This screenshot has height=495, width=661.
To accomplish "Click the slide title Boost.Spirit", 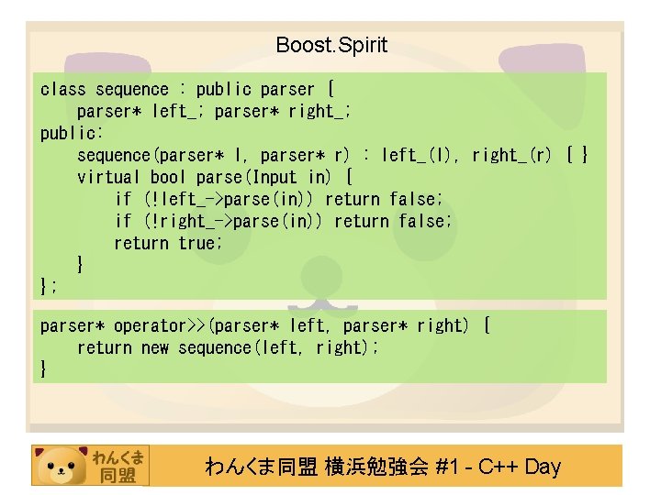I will pos(331,45).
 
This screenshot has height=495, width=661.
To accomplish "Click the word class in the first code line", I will pos(62,90).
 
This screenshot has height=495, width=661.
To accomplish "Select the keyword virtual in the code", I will pos(108,177).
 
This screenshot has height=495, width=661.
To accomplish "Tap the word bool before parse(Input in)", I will pos(168,177).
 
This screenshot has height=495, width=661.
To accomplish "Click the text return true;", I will pos(168,243).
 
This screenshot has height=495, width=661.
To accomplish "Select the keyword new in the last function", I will pos(155,347).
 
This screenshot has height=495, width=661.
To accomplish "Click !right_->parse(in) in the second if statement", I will pos(234,221).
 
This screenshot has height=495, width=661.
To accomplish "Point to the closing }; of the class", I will pos(49,286).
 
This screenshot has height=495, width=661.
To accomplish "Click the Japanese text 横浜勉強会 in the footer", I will pos(376,467).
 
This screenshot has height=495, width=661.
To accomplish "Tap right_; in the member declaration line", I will pos(319,112).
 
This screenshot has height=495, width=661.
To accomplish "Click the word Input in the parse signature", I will pos(274,177).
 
